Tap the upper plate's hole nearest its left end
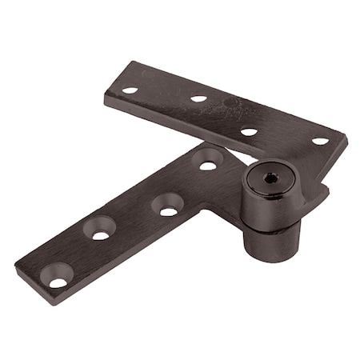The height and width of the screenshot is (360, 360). point(130,90)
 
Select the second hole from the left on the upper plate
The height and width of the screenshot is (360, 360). point(198,99)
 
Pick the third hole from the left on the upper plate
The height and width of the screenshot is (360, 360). point(249,131)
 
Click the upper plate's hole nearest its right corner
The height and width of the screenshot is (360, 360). point(320,141)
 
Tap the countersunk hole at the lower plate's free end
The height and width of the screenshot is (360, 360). point(58,280)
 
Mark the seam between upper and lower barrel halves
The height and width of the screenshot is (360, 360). point(270,225)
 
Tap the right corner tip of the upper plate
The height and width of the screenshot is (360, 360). point(346,145)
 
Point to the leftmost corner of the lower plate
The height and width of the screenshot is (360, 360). point(16,262)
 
